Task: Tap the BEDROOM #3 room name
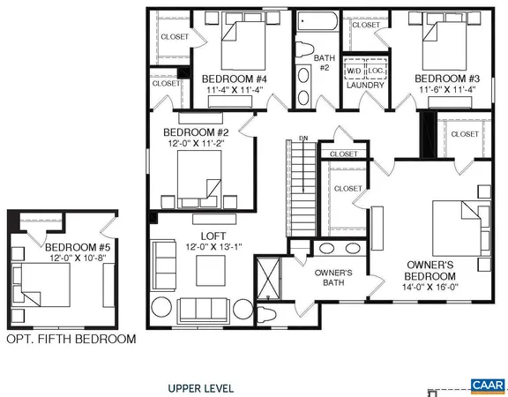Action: point(446,77)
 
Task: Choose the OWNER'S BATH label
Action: point(334,277)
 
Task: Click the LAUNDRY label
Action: point(365,85)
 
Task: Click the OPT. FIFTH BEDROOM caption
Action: point(71,339)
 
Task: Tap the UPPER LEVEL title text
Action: point(204,387)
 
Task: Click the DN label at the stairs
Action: point(303,139)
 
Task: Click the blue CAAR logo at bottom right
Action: point(487,386)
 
